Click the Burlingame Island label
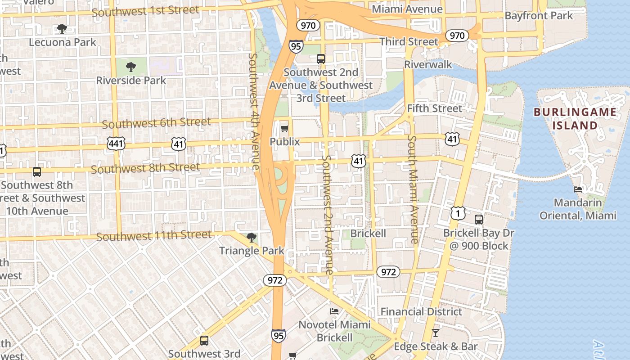[x=575, y=119]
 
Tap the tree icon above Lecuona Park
[x=62, y=29]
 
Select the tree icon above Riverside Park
[x=131, y=67]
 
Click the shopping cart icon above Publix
[x=284, y=129]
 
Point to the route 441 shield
[x=116, y=144]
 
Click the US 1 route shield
[x=458, y=213]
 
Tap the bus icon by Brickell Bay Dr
[x=479, y=220]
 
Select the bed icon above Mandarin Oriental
[x=578, y=189]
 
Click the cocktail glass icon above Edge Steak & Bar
[x=435, y=333]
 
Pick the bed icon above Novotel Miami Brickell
[x=334, y=311]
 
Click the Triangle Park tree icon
[x=252, y=238]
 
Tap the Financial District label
[x=421, y=311]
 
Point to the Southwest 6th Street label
[x=156, y=123]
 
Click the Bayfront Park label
[x=539, y=16]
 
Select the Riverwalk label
[x=428, y=64]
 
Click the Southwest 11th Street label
[x=153, y=236]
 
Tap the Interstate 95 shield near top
[x=296, y=46]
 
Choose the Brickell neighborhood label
[x=368, y=234]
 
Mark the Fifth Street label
[x=434, y=108]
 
